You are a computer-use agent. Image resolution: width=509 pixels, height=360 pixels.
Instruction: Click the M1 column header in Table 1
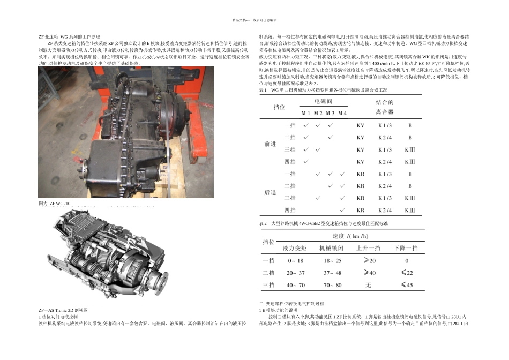tap(305, 113)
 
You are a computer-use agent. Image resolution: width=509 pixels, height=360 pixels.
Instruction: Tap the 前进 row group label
tap(270, 144)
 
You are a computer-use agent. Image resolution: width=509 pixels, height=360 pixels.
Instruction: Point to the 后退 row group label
tap(270, 192)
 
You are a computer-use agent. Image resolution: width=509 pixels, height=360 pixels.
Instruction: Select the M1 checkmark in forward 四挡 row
tap(305, 162)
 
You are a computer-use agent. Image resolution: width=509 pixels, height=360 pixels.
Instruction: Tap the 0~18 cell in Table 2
tap(295, 261)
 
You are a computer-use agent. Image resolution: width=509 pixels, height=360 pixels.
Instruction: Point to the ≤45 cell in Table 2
tap(407, 285)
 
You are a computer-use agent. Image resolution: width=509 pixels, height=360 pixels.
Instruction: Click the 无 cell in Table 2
tap(368, 285)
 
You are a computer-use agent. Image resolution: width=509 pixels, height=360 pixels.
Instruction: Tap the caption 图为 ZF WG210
tap(55, 204)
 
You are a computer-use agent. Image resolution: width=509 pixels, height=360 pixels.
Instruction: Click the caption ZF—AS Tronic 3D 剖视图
tap(63, 310)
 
